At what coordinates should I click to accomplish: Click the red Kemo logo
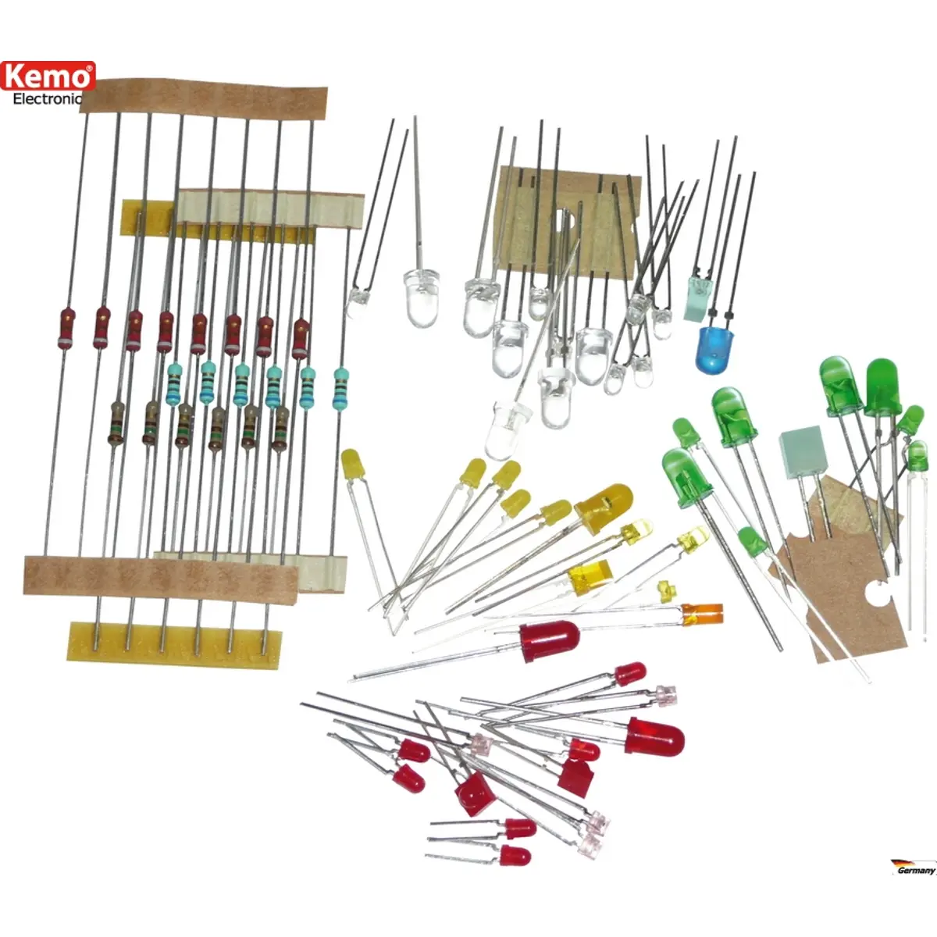pyautogui.click(x=48, y=76)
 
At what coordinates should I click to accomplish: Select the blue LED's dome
pyautogui.click(x=714, y=349)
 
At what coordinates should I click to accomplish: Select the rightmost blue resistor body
pyautogui.click(x=340, y=389)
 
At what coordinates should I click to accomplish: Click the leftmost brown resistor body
pyautogui.click(x=116, y=422)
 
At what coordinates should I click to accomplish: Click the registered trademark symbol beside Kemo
pyautogui.click(x=89, y=69)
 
